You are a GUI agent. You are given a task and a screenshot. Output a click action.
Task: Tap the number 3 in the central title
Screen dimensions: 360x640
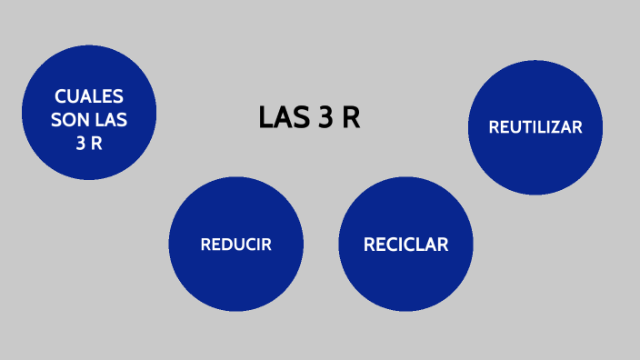pos(324,118)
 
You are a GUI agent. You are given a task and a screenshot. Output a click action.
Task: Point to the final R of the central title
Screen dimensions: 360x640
pos(351,118)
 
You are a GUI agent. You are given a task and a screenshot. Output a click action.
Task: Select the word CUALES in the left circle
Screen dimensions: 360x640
pos(89,97)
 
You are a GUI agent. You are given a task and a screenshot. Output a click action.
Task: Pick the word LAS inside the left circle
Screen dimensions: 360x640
pos(110,120)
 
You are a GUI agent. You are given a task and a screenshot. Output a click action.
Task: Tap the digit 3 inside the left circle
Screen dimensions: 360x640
pos(81,143)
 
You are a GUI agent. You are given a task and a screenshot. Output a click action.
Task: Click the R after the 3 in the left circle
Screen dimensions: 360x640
pos(96,143)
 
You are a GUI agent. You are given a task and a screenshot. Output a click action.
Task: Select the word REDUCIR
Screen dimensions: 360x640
pos(235,245)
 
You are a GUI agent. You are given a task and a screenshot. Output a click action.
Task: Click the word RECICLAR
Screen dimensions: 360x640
pos(405,245)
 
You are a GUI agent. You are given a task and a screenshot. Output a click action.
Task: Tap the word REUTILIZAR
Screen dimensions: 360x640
pos(535,127)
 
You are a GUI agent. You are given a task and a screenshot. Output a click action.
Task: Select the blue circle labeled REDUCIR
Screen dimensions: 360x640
pos(235,273)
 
